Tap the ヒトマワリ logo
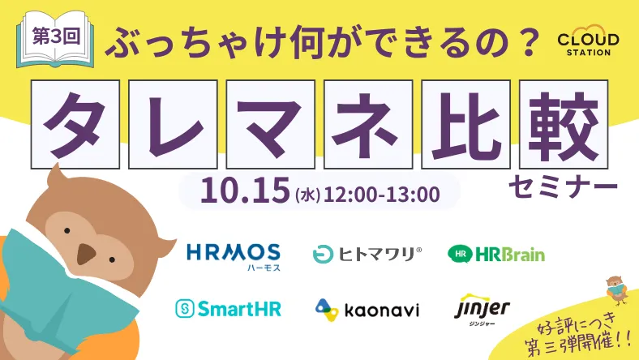[367, 255]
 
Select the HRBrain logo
[496, 254]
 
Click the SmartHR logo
[228, 308]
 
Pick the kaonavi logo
[367, 310]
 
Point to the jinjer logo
[482, 309]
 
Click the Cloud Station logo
[588, 41]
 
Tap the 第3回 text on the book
[56, 36]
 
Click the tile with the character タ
[75, 124]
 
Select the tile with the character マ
[271, 124]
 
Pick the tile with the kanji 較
[564, 124]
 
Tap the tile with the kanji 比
[465, 124]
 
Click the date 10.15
[245, 191]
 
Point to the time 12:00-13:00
[382, 195]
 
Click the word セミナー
[564, 187]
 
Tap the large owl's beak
[86, 254]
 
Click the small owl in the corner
[616, 290]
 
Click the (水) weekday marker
[307, 195]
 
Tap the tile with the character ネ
[368, 124]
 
